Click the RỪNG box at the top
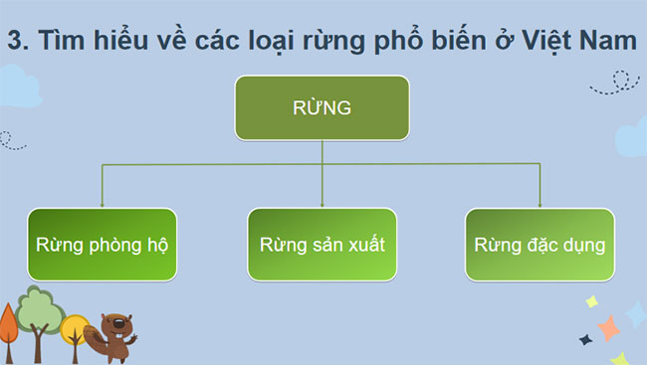click(321, 108)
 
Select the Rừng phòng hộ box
click(103, 244)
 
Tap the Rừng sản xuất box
click(321, 244)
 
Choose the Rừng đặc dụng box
click(539, 244)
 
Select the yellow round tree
click(74, 327)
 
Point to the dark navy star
click(586, 339)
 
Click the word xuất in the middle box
click(361, 244)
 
